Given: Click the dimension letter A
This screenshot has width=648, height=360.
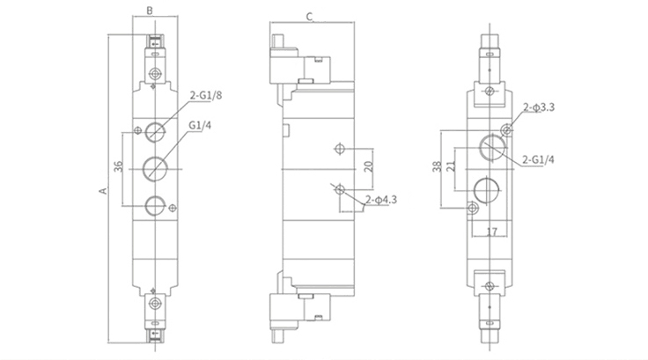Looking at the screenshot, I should pos(102,189).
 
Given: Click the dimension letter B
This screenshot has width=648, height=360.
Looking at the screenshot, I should pos(149,11).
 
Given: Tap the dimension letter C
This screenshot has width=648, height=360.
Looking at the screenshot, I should pos(310,16).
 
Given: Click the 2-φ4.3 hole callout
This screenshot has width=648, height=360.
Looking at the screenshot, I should pos(381,200).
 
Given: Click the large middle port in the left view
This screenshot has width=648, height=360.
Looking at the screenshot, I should pos(156,165).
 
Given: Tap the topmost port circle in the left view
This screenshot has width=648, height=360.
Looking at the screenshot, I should pos(156,131).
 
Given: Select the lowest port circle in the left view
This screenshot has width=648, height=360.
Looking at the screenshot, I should pos(156,204).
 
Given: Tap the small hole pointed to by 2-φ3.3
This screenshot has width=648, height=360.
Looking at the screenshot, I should pos(505,130).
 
